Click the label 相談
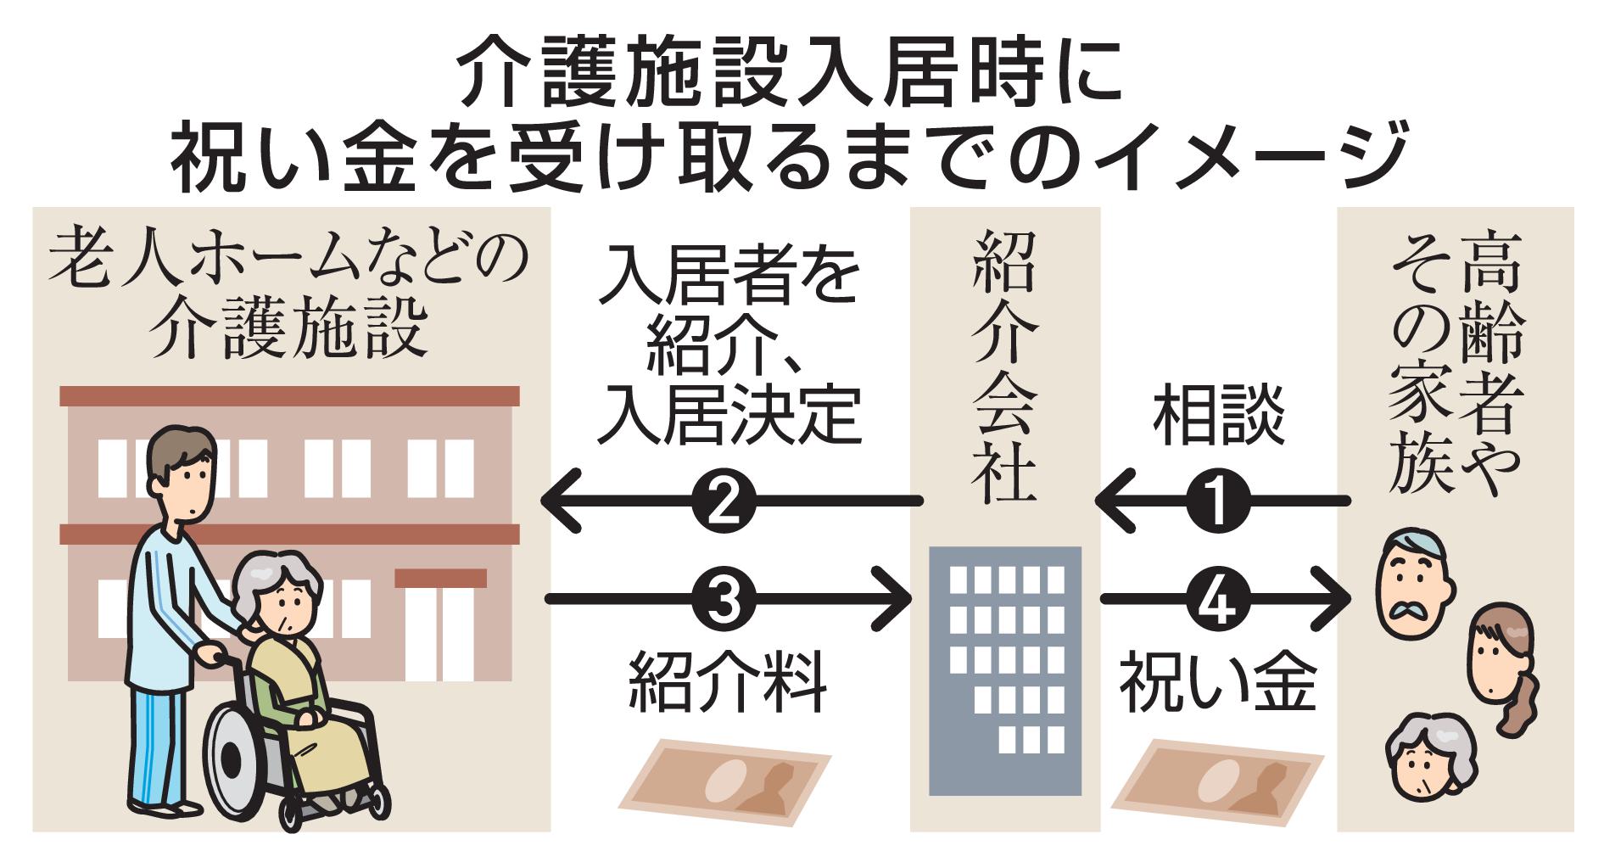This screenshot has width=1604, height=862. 1218,417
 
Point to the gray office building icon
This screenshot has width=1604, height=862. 1005,670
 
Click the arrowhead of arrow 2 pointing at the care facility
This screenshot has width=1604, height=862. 560,501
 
